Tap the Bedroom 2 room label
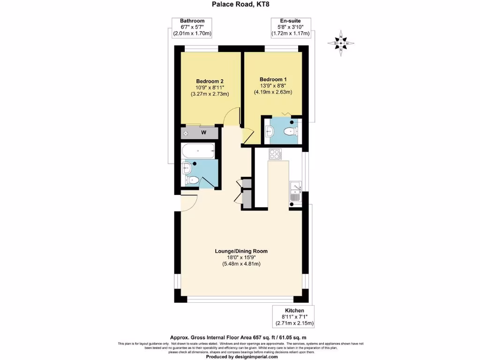point(210,81)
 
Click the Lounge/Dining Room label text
point(241,251)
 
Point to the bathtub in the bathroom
point(198,151)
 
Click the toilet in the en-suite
point(292,131)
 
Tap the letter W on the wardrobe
point(203,133)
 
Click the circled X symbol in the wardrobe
point(186,133)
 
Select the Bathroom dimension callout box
point(192,27)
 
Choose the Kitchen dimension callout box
point(294,317)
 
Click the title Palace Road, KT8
point(240,4)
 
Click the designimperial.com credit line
point(240,357)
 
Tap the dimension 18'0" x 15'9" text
point(241,258)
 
